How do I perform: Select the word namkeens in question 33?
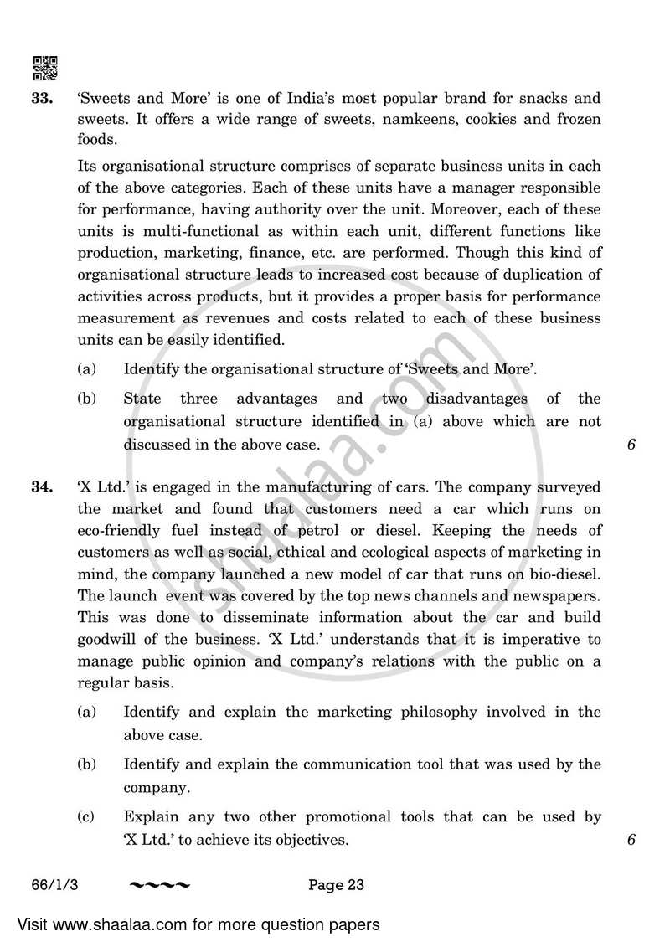pos(420,119)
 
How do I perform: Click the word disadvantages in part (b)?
pos(477,399)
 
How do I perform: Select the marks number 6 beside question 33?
pos(631,445)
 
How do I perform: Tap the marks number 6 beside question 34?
pos(631,839)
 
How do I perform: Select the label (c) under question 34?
pos(86,816)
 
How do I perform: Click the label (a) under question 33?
pos(86,368)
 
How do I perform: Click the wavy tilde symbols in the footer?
pos(160,885)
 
